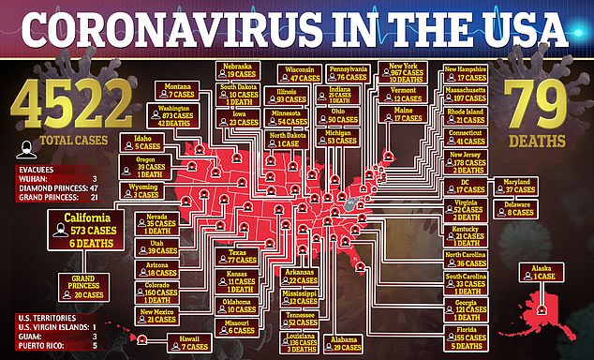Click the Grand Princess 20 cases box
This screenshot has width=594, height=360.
82,287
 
